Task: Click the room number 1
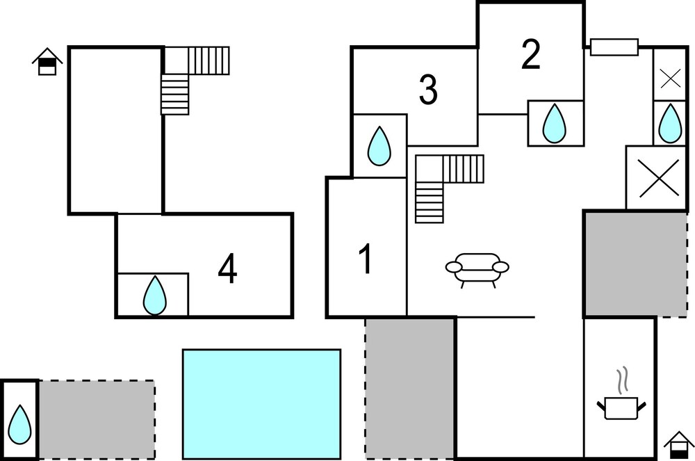click(366, 259)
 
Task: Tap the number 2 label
click(530, 55)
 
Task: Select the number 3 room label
click(428, 90)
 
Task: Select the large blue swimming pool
click(261, 404)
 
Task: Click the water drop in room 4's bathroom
click(155, 296)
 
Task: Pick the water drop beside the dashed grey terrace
click(20, 424)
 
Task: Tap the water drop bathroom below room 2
click(554, 123)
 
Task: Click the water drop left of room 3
click(379, 146)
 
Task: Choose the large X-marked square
click(657, 178)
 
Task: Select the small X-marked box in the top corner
click(670, 79)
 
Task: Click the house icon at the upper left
click(47, 62)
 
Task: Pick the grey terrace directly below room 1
click(409, 388)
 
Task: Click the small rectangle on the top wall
click(614, 47)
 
